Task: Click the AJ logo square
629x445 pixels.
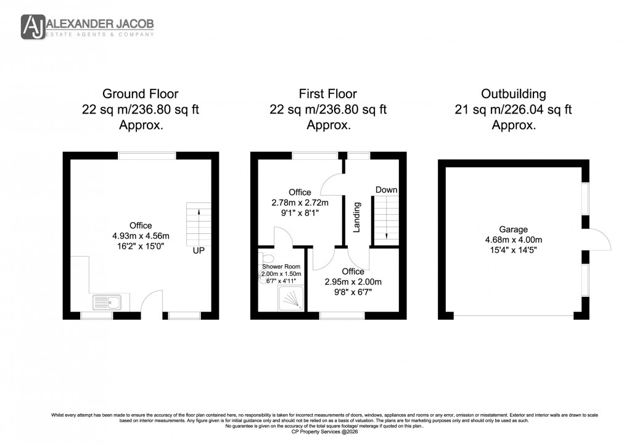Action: pyautogui.click(x=33, y=26)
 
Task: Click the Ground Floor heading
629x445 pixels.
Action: pyautogui.click(x=140, y=94)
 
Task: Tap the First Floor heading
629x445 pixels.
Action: pyautogui.click(x=327, y=94)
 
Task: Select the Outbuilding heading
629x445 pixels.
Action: pyautogui.click(x=513, y=94)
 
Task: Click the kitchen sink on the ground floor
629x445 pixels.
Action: pyautogui.click(x=107, y=302)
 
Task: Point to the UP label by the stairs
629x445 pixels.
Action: pyautogui.click(x=199, y=252)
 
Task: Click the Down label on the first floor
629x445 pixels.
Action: pyautogui.click(x=386, y=190)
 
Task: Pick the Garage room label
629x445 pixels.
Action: pyautogui.click(x=513, y=230)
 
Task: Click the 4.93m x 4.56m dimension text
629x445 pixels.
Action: pyautogui.click(x=140, y=236)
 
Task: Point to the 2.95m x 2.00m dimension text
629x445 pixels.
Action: pyautogui.click(x=353, y=282)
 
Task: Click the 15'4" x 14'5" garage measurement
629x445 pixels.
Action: pyautogui.click(x=513, y=251)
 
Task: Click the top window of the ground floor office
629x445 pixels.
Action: pyautogui.click(x=147, y=156)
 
